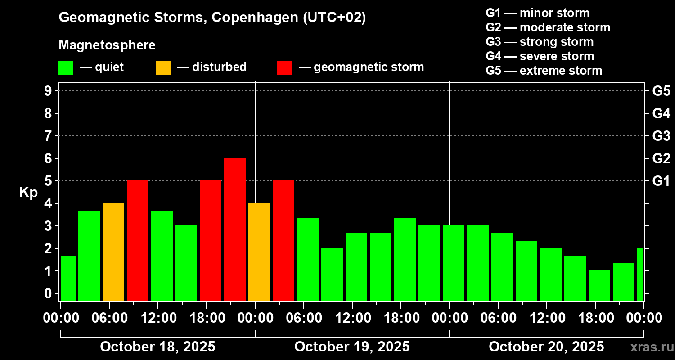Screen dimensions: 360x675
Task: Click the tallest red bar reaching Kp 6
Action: (235, 229)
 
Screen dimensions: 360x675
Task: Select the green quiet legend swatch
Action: (66, 67)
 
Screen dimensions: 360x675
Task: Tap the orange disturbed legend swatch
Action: (163, 67)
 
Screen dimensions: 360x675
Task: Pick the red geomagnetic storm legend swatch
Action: (284, 67)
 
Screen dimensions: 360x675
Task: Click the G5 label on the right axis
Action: (661, 91)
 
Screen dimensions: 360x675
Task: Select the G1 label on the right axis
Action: (661, 181)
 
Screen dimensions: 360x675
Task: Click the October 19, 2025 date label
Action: (352, 347)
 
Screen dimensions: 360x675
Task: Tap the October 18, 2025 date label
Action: (157, 347)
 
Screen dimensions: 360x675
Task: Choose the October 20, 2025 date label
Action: (546, 347)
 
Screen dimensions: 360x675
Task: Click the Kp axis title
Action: (28, 193)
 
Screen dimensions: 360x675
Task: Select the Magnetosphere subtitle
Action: (107, 45)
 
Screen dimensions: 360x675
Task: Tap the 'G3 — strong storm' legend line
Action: (540, 42)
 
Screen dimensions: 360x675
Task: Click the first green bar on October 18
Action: (68, 278)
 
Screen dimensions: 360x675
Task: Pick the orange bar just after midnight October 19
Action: (259, 252)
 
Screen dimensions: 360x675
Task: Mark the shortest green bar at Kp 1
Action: (599, 285)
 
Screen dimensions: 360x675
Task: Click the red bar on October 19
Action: (283, 240)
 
